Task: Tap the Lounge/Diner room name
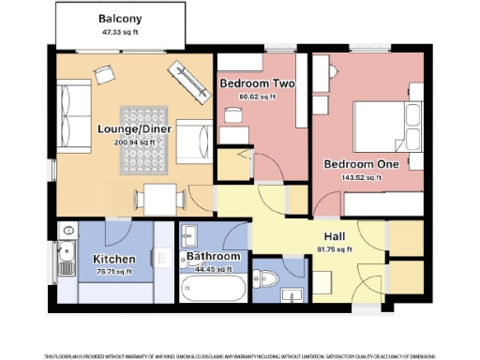tap(132, 129)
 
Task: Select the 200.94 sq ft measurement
tap(132, 143)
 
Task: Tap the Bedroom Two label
tap(257, 83)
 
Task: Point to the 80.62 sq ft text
tap(257, 97)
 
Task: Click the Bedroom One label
tap(362, 164)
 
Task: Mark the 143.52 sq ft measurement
tap(362, 177)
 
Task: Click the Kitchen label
tap(112, 259)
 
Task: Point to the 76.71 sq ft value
tap(112, 272)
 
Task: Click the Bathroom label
tap(213, 256)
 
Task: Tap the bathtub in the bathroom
tap(213, 288)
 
